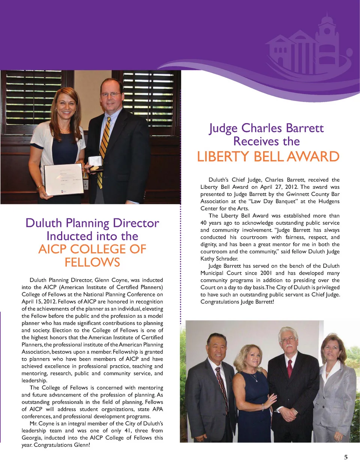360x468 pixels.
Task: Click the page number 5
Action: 346,457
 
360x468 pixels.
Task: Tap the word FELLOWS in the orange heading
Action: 92,262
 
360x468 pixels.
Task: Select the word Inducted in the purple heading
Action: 69,236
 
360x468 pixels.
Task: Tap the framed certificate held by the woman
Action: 64,179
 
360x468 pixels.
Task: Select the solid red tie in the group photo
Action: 289,368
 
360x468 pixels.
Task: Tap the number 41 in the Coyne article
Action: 128,430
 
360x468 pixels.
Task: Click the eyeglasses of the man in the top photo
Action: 111,94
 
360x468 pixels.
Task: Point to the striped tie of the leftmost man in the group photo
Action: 221,387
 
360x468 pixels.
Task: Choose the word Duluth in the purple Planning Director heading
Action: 43,223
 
